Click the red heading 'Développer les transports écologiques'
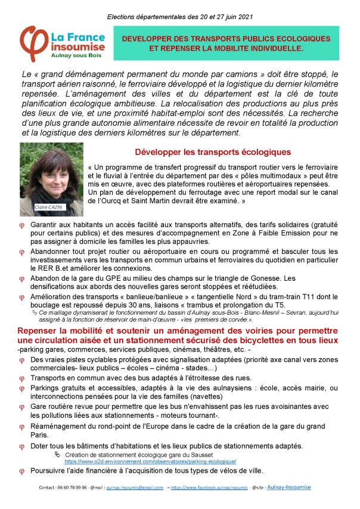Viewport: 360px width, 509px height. [x=213, y=152]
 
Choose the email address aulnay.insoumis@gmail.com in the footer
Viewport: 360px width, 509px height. [x=129, y=487]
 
